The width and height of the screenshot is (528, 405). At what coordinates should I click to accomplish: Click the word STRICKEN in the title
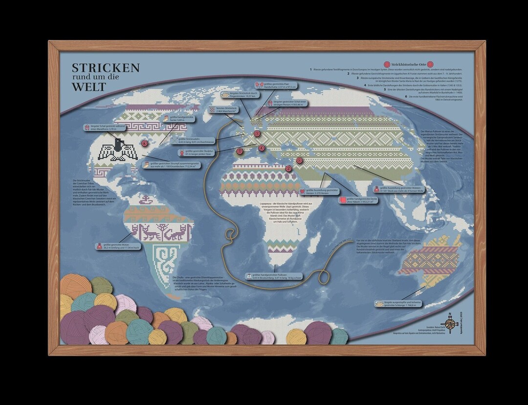coord(106,67)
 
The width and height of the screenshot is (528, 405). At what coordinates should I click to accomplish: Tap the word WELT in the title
coord(88,87)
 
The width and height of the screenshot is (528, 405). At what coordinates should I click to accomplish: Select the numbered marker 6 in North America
coord(143,143)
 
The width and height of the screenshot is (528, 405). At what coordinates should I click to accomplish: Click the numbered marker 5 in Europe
coord(257,134)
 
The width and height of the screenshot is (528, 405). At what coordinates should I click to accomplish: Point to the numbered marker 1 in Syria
coord(299,160)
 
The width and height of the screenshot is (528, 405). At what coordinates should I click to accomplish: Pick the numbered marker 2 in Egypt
coord(288,169)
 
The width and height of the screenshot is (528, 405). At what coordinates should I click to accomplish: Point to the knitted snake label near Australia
coord(396,305)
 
